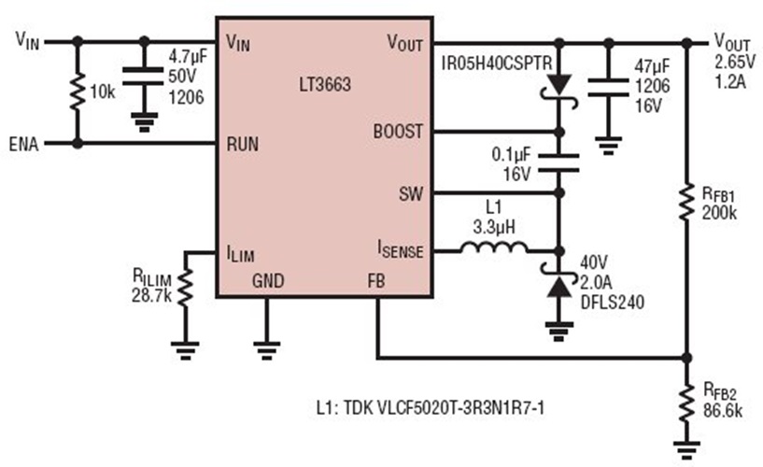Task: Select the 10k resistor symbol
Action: pyautogui.click(x=77, y=92)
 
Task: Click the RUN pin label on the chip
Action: pyautogui.click(x=244, y=145)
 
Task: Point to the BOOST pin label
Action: pyautogui.click(x=400, y=133)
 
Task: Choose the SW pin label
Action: pyautogui.click(x=411, y=194)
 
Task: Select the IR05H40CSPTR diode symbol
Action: pyautogui.click(x=558, y=85)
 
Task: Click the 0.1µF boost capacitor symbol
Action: pyautogui.click(x=558, y=163)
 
